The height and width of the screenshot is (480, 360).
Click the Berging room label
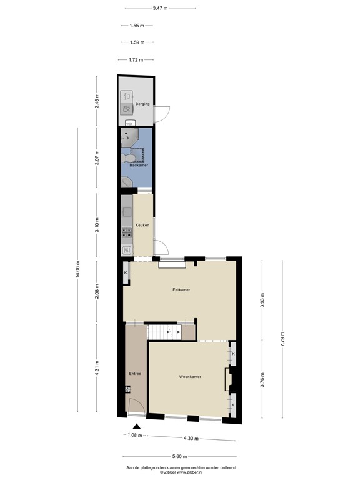142,104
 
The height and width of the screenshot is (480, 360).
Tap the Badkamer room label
138,165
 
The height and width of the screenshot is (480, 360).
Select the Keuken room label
142,226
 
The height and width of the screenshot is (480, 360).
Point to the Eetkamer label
181,290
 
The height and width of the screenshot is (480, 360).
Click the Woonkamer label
189,377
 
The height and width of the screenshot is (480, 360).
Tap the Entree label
135,374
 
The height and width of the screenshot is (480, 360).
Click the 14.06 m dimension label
78,270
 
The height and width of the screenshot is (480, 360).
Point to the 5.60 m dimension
181,456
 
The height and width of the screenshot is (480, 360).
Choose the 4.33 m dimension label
191,438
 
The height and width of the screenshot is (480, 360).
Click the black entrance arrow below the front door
129,426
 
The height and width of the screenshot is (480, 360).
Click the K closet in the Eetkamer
126,273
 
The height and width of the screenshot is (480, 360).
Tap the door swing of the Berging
161,114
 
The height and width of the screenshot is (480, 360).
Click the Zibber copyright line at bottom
181,472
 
